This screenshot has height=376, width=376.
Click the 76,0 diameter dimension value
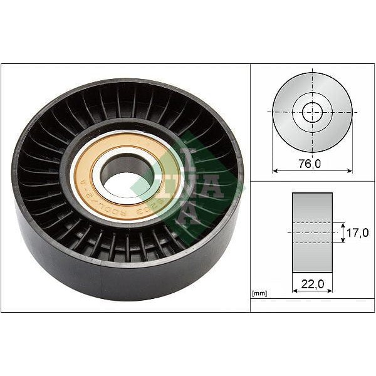click(x=312, y=163)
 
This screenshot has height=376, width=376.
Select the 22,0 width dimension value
click(x=312, y=285)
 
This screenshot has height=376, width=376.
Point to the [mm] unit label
click(x=259, y=293)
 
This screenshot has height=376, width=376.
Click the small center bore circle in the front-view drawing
click(x=312, y=113)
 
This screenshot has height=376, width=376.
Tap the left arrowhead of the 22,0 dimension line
click(x=295, y=291)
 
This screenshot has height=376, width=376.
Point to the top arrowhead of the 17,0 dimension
click(x=343, y=224)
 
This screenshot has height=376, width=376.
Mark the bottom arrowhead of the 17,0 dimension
click(x=343, y=242)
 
